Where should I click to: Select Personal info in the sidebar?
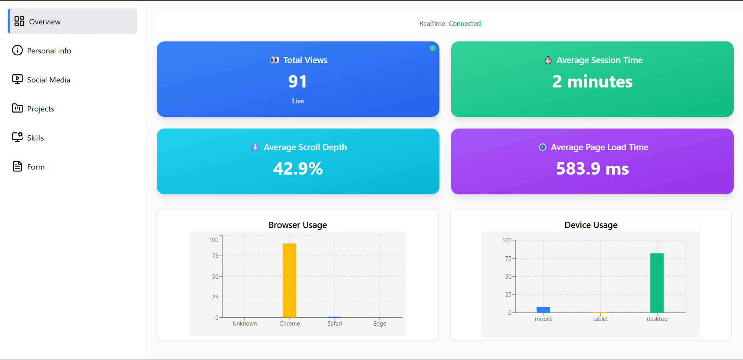click(49, 51)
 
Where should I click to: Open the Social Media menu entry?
click(48, 80)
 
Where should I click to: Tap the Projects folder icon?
click(17, 108)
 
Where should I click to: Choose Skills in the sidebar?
click(35, 138)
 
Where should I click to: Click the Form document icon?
click(17, 166)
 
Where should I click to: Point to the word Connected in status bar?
click(464, 24)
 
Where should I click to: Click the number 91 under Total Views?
click(297, 82)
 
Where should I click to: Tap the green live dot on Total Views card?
click(432, 48)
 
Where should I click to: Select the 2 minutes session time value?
click(592, 82)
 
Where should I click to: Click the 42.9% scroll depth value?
click(298, 169)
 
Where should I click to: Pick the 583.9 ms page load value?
click(592, 169)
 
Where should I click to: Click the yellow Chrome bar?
click(289, 280)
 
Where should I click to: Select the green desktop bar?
click(657, 283)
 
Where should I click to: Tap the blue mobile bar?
click(543, 310)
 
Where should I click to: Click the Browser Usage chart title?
click(297, 225)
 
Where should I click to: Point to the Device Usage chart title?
click(590, 225)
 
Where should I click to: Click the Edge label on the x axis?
click(379, 324)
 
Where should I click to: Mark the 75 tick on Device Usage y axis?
click(508, 258)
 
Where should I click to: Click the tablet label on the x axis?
click(600, 319)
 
